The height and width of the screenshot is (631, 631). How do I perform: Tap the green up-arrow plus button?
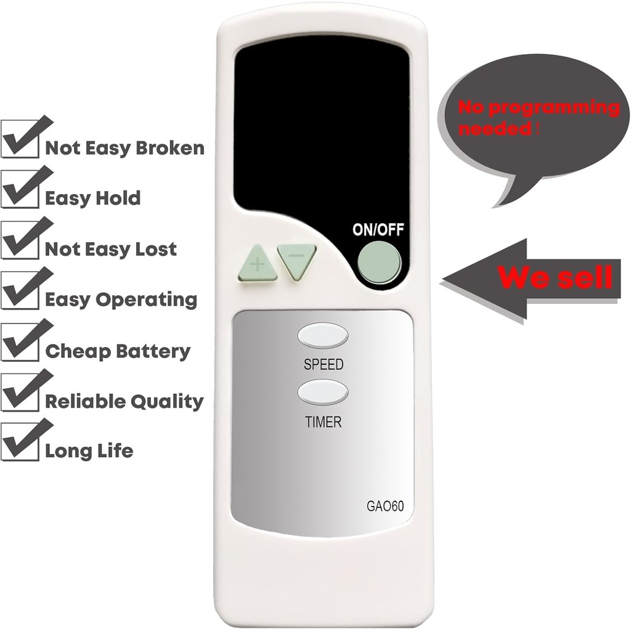pyautogui.click(x=257, y=264)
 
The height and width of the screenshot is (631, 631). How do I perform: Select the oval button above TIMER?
pyautogui.click(x=323, y=392)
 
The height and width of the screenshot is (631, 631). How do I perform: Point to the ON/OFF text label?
pyautogui.click(x=378, y=230)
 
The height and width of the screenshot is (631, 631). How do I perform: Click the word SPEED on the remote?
pyautogui.click(x=324, y=365)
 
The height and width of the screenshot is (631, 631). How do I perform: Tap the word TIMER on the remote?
pyautogui.click(x=323, y=423)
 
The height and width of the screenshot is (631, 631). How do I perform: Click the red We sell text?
pyautogui.click(x=555, y=277)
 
